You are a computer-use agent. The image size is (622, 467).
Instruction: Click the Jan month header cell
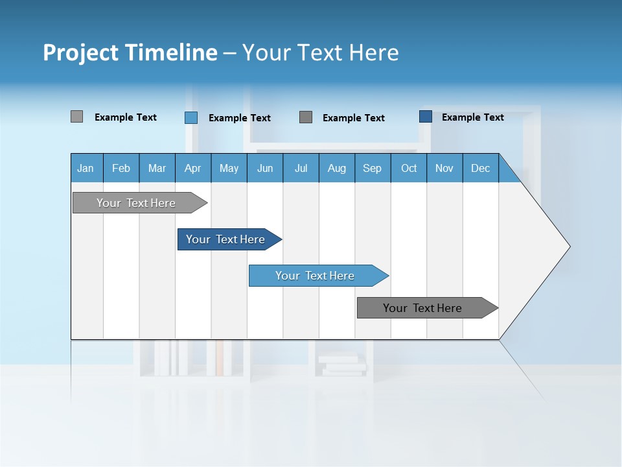click(x=86, y=169)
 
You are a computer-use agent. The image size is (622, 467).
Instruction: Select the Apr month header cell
click(x=192, y=169)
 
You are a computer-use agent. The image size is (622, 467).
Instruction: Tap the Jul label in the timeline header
click(x=301, y=169)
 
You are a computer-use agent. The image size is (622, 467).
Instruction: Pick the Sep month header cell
click(x=372, y=169)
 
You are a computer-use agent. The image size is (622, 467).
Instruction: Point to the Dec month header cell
click(x=480, y=169)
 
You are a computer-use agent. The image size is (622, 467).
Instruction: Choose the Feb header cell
click(x=121, y=169)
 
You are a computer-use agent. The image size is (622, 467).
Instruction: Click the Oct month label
click(x=409, y=169)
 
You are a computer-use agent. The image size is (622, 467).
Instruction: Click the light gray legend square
click(x=76, y=117)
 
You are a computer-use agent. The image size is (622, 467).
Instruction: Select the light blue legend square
click(x=190, y=117)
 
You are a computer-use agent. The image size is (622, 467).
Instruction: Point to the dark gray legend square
click(x=306, y=117)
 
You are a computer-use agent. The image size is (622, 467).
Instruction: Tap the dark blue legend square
click(x=425, y=117)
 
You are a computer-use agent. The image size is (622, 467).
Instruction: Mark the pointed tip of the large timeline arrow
click(x=568, y=246)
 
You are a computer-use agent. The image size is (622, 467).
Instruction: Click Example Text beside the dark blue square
click(x=472, y=117)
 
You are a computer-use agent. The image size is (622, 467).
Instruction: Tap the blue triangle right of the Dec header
click(x=507, y=173)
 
